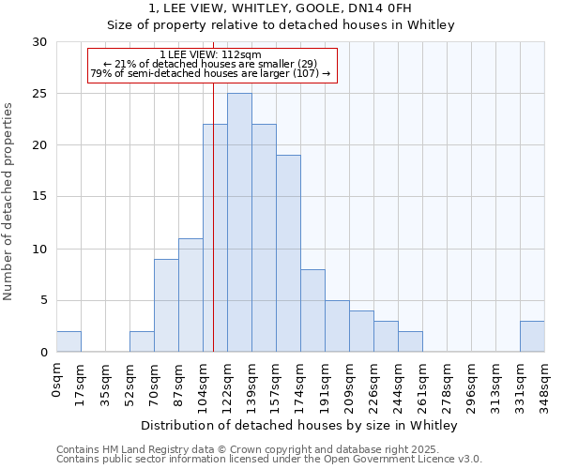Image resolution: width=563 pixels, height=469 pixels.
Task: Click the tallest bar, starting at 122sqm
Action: coord(239,222)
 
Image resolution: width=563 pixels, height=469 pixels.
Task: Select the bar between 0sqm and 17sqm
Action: coord(68,341)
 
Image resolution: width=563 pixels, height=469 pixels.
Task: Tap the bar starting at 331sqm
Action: coord(532,336)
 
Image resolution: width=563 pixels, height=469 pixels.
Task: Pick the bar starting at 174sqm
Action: coord(312,310)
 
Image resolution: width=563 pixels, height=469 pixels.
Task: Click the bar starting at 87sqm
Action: coord(190,295)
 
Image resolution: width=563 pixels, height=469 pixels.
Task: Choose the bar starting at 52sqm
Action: coord(142,341)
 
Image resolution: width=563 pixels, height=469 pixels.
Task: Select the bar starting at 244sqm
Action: coord(410,341)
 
